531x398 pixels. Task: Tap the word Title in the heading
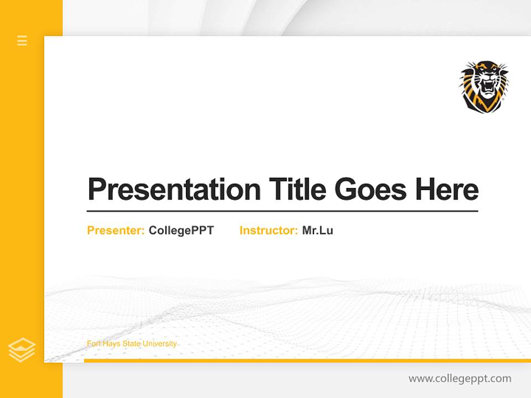297,190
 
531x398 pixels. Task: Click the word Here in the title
447,190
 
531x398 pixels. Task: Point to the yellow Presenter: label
116,231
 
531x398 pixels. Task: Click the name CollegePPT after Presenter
181,231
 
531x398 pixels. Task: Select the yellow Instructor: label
268,231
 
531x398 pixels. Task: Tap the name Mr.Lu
317,231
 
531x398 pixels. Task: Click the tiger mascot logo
483,87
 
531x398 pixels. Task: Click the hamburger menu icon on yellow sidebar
22,40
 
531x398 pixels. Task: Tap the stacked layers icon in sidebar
22,349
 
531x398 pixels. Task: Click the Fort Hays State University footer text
132,344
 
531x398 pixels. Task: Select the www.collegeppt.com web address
460,379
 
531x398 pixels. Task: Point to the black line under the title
282,211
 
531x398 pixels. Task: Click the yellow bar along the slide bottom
307,360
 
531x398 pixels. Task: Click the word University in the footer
160,344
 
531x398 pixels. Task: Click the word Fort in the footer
94,344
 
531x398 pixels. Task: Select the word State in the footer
132,344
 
